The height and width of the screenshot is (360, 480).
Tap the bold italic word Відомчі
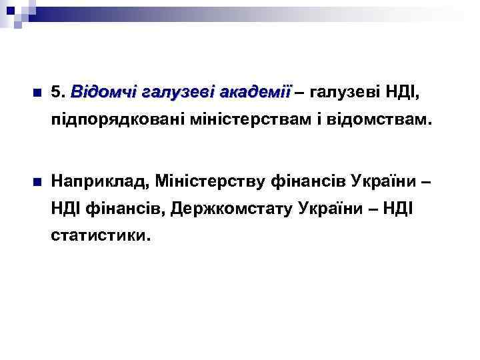point(101,91)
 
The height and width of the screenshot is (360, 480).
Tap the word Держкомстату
point(233,209)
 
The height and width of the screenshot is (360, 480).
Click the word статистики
point(100,237)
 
